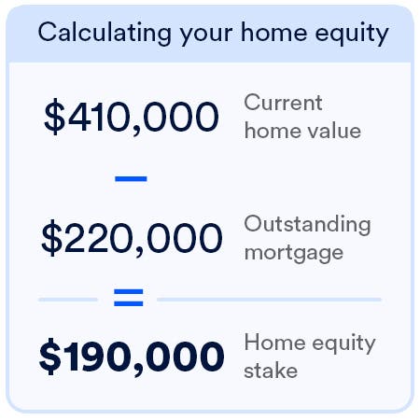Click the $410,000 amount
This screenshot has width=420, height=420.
click(131, 116)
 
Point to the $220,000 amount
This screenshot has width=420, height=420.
click(132, 238)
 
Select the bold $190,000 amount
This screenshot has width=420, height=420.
click(132, 356)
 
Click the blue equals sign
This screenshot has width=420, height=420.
click(128, 299)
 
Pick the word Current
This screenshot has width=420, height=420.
click(283, 103)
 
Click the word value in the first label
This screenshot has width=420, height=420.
click(332, 130)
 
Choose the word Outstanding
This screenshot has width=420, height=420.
click(307, 225)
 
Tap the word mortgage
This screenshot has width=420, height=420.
click(293, 253)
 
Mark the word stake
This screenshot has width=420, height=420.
click(271, 371)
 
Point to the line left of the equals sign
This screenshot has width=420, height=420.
click(67, 300)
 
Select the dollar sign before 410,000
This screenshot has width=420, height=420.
click(54, 116)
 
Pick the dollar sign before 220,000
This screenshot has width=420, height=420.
click(52, 238)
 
